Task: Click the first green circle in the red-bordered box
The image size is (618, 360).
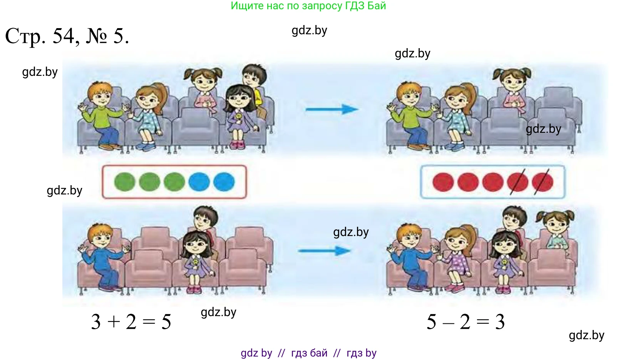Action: (x=125, y=182)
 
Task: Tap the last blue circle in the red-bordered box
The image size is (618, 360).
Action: (x=224, y=182)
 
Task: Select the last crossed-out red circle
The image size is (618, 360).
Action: (x=543, y=182)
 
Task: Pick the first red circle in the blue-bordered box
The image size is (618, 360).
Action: (x=443, y=182)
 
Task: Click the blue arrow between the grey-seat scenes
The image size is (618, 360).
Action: (x=332, y=109)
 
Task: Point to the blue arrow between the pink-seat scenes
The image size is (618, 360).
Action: (x=325, y=251)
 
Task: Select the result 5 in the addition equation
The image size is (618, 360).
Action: (x=166, y=322)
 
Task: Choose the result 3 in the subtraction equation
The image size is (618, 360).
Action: (x=500, y=322)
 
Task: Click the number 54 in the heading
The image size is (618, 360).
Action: (x=64, y=36)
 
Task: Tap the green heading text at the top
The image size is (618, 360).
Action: (x=308, y=6)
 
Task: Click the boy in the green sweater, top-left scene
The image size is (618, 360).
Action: (x=101, y=116)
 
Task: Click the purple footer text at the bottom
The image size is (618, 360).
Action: (x=308, y=353)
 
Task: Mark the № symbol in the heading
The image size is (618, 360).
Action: (x=96, y=36)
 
